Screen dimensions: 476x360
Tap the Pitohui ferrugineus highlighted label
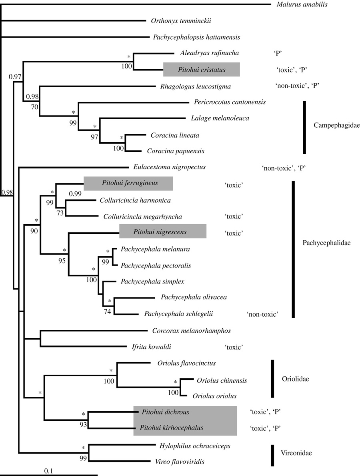coord(128,183)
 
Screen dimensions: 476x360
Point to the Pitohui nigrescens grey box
coord(163,232)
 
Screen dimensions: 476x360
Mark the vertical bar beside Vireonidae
coord(272,455)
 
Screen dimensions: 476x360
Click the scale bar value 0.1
coord(48,471)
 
